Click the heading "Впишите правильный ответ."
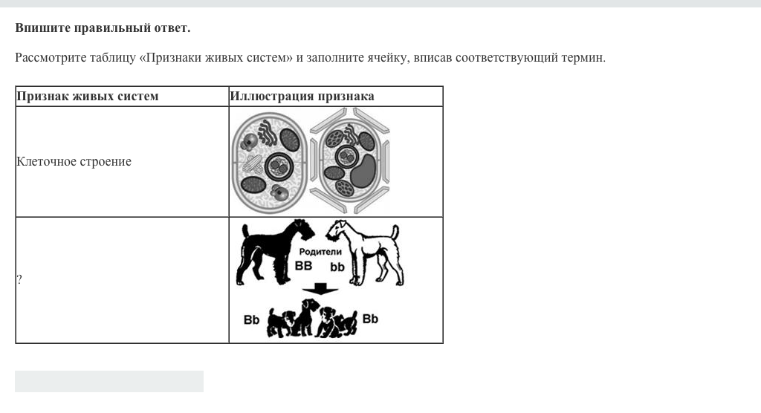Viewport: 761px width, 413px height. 103,27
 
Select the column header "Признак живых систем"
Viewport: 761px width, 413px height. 88,96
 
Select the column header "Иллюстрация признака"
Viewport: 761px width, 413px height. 302,96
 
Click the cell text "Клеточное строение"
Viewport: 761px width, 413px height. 74,162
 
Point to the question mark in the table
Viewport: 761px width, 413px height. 19,279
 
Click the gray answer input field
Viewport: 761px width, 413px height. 109,382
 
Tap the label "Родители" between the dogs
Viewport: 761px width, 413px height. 320,251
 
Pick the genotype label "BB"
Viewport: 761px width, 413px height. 304,266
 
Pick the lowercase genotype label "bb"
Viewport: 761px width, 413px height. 337,267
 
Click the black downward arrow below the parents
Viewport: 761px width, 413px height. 320,288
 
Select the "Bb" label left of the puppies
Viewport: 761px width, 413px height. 251,320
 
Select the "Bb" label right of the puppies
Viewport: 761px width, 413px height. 370,319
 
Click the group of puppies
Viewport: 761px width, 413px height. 311,319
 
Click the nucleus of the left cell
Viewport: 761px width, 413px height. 279,166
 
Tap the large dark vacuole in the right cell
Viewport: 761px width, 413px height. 363,172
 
